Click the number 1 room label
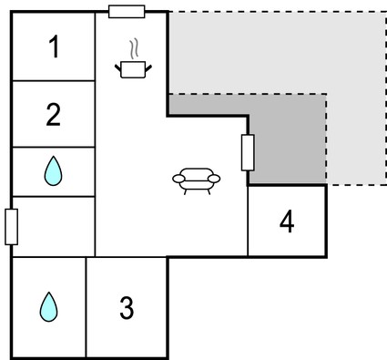tap(55, 46)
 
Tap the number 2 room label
tap(54, 115)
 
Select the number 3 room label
tap(127, 308)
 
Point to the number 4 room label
tap(287, 221)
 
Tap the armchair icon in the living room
tap(197, 181)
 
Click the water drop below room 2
tap(53, 171)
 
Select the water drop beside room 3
tap(48, 307)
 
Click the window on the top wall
tap(127, 12)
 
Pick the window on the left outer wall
tap(11, 227)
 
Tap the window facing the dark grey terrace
tap(248, 152)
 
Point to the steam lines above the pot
tap(134, 48)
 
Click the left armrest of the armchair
tap(178, 179)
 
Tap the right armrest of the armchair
tap(214, 179)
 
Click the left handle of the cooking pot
tap(117, 68)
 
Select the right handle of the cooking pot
tap(148, 68)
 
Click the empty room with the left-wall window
tap(54, 227)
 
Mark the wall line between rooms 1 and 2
tap(54, 81)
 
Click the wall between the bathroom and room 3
tap(86, 307)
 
